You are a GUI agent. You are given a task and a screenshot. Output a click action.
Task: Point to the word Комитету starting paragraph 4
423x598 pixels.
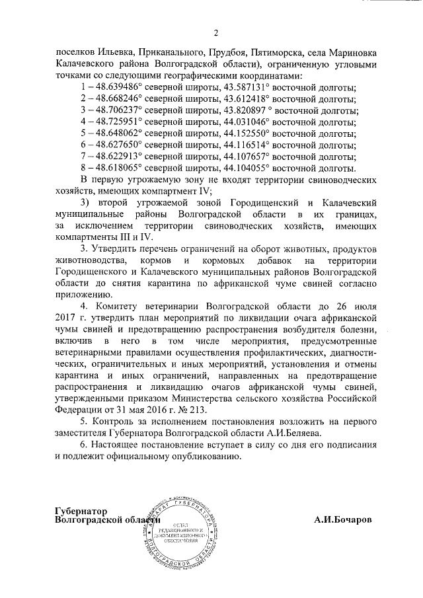point(115,307)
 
